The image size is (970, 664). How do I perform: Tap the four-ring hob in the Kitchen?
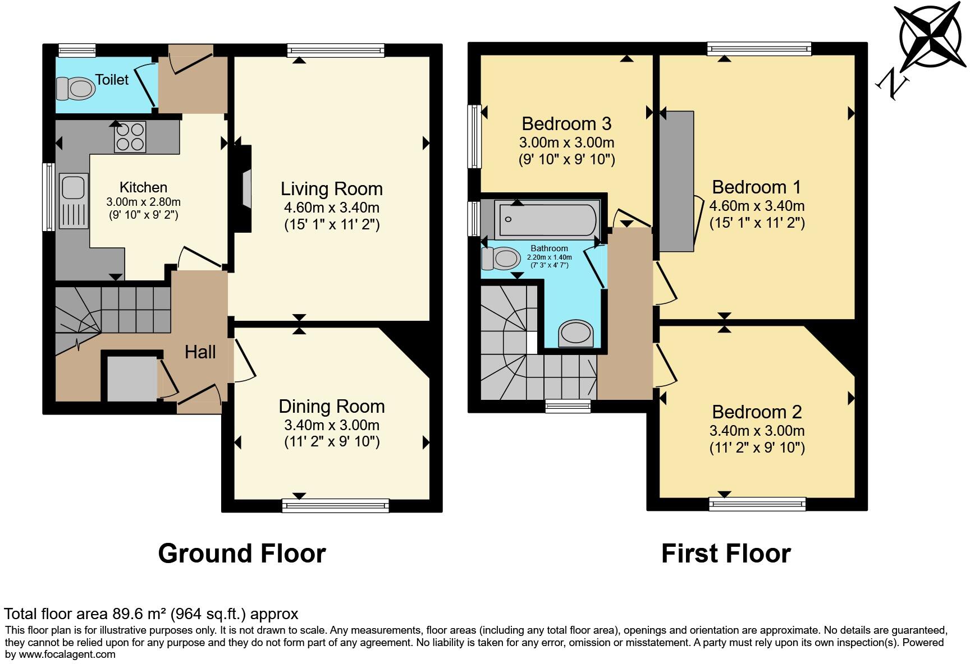tap(130, 136)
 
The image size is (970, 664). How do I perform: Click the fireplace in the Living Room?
tap(245, 188)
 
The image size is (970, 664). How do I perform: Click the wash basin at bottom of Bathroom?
tap(576, 333)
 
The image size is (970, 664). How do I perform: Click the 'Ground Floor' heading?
tap(241, 554)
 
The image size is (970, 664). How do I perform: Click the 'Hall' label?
tap(200, 352)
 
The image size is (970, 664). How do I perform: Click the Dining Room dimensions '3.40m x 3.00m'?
tap(331, 425)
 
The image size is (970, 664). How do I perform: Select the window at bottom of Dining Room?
tap(336, 506)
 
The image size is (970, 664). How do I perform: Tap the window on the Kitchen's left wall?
tap(49, 196)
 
